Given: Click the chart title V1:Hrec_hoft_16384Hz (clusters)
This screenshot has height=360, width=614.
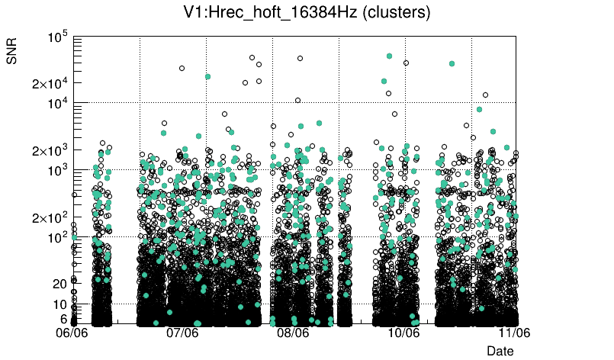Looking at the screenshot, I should (307, 13).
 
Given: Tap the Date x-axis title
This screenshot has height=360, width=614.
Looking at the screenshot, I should (500, 350).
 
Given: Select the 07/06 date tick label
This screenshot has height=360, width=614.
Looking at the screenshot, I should (183, 333).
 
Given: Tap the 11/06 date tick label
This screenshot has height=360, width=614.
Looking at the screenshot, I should (514, 333).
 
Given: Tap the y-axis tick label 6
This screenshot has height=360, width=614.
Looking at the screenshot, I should (63, 319).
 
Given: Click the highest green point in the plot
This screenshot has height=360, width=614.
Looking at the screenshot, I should (389, 56).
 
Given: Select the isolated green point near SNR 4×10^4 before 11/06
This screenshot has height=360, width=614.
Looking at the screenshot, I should (452, 64).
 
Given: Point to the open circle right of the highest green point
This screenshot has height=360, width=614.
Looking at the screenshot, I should (406, 63).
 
